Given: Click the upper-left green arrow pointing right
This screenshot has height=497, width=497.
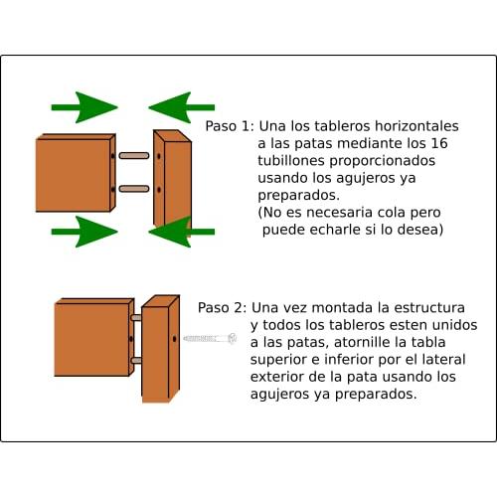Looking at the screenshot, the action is [84, 107].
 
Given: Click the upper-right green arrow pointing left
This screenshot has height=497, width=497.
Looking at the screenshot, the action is [182, 107].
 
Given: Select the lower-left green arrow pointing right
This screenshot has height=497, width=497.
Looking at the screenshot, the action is [84, 232].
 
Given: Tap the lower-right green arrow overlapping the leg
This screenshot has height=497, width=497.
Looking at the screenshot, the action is [182, 232].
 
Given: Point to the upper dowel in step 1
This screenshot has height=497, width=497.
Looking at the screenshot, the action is [134, 155].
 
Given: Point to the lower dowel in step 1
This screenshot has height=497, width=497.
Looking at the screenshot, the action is [134, 189].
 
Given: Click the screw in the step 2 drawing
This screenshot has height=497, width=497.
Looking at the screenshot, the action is [210, 338].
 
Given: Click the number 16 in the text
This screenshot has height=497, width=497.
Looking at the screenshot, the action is [439, 143].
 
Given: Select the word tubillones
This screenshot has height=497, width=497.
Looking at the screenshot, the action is [291, 160].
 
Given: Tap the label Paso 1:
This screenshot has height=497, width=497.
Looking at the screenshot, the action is [230, 126].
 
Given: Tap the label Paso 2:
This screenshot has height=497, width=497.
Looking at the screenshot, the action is [223, 308].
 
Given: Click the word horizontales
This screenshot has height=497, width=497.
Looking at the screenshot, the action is [416, 126].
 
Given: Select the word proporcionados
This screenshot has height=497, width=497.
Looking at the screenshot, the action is [382, 161].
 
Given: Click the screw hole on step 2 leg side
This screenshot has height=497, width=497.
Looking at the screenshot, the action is [175, 339].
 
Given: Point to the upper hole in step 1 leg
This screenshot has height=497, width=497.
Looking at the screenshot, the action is [159, 156].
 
